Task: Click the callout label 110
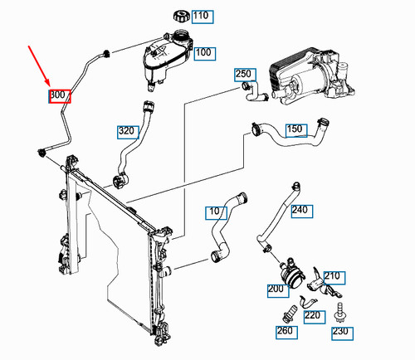(x=201, y=16)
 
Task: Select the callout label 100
(x=202, y=52)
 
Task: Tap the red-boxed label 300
(x=59, y=95)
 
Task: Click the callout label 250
(x=243, y=75)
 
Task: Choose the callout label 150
(x=295, y=129)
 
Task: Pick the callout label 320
(x=126, y=130)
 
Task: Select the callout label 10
(x=216, y=212)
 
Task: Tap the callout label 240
(x=300, y=210)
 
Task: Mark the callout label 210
(x=332, y=276)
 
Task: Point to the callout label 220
(x=312, y=315)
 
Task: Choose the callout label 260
(x=286, y=333)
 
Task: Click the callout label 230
(x=339, y=333)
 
